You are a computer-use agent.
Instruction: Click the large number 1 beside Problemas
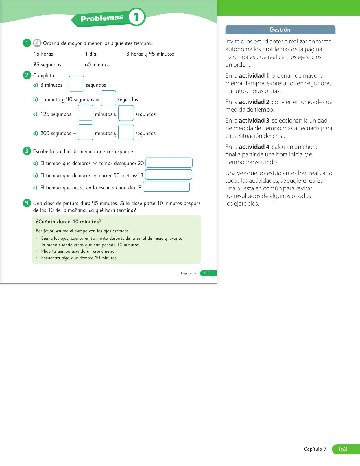click(x=137, y=17)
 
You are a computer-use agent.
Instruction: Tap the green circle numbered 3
click(x=27, y=151)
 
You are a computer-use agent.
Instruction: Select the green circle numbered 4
click(x=27, y=203)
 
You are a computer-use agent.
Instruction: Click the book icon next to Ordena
click(x=37, y=43)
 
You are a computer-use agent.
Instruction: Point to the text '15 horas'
click(x=43, y=54)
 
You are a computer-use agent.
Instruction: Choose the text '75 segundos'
click(x=47, y=65)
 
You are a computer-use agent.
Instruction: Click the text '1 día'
click(x=91, y=54)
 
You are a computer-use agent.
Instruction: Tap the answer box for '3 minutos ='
click(x=76, y=84)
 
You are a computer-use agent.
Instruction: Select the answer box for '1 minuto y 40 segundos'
click(x=108, y=98)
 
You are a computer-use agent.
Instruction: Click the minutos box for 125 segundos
click(x=86, y=113)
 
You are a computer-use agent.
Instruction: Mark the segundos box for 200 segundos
click(x=126, y=132)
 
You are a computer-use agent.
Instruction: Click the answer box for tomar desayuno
click(x=169, y=163)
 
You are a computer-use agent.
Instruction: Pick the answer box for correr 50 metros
click(x=169, y=175)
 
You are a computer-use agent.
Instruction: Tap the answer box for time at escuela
click(x=166, y=187)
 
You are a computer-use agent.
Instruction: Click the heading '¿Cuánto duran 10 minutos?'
click(x=69, y=222)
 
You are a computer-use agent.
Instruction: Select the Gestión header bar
click(x=280, y=30)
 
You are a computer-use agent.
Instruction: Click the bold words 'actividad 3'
click(x=254, y=121)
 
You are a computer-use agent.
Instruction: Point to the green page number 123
click(x=206, y=273)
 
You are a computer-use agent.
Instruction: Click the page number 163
click(x=342, y=449)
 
